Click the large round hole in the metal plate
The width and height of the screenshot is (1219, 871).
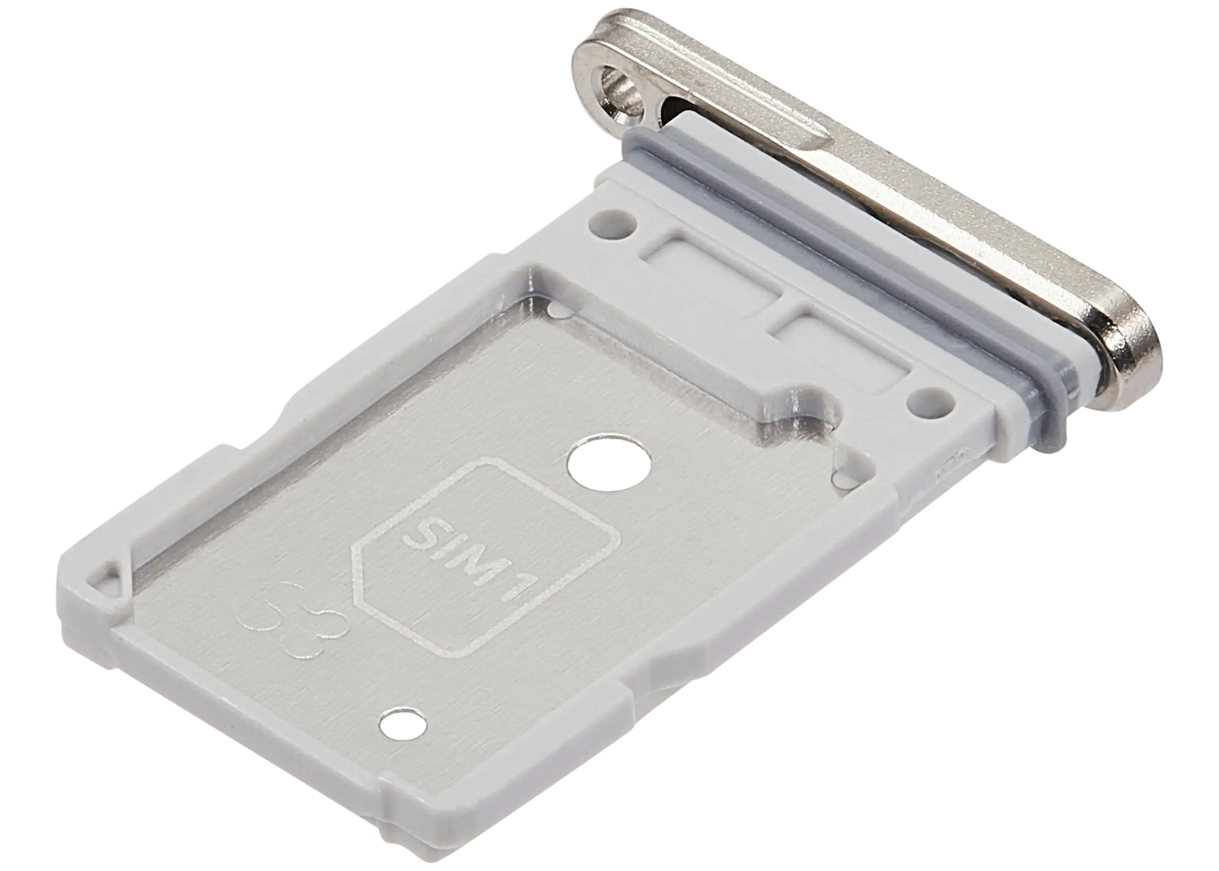[x=609, y=467]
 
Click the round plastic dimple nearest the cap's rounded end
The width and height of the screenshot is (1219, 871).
[x=933, y=402]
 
